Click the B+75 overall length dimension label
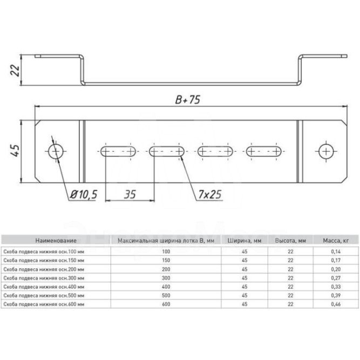(188, 100)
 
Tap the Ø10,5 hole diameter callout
(84, 194)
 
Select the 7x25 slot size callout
(210, 194)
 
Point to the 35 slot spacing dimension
(130, 194)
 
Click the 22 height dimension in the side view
(15, 70)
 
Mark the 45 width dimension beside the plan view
(15, 151)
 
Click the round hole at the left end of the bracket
(56, 152)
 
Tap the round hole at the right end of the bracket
(326, 152)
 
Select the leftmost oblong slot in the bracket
(118, 152)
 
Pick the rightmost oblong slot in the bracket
(264, 152)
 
